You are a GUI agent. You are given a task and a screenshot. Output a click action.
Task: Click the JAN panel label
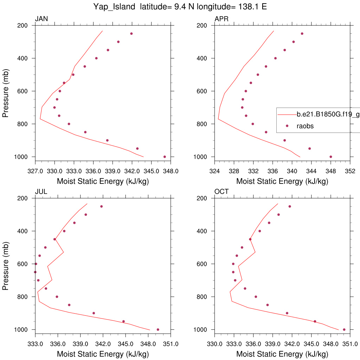coord(41,19)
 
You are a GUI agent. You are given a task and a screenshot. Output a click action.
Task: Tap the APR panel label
coord(221,19)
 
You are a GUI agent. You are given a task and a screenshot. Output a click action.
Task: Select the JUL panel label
coord(41,192)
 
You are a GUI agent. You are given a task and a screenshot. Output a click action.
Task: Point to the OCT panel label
coord(221,192)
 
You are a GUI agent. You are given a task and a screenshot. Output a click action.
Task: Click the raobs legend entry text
coord(305,126)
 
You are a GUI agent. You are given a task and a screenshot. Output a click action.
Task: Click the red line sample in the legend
coord(287,114)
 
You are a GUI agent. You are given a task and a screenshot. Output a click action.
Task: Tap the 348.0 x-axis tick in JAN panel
coord(171,171)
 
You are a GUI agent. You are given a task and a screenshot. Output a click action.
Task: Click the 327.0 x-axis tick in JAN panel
coord(35,171)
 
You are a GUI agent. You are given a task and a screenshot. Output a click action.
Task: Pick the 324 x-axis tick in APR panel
coord(215,171)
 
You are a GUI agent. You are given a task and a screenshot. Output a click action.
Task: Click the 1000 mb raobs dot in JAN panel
coord(165,157)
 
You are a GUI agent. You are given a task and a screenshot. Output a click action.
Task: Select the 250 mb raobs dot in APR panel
coord(302,34)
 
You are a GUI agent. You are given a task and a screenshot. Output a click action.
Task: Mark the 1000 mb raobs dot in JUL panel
coord(158,329)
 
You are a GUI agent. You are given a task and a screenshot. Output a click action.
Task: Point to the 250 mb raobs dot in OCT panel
coord(290,206)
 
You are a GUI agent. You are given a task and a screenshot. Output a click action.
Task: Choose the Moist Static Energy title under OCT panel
coord(282,354)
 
